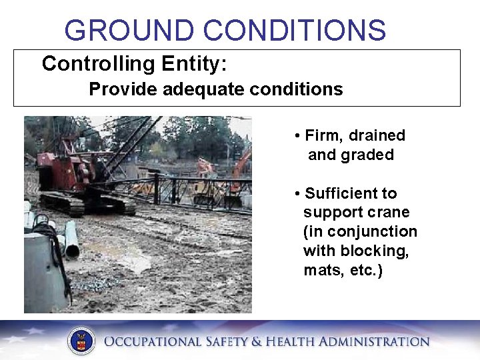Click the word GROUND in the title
tap(130, 31)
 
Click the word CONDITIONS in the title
tap(294, 31)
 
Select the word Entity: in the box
tap(194, 64)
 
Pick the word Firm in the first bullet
tap(320, 135)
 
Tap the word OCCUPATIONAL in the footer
tap(152, 342)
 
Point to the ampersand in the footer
tap(257, 342)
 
